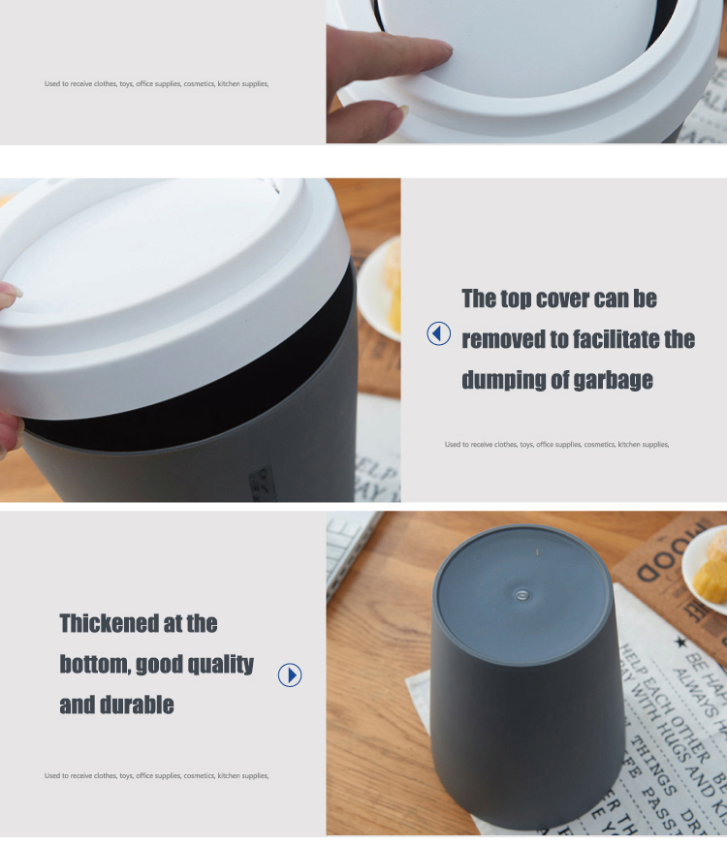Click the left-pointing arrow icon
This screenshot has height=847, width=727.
coord(439,333)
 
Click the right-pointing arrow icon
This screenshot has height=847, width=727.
coord(290,674)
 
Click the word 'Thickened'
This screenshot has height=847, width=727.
coord(108,623)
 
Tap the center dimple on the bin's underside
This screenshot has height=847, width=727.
coord(522,592)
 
